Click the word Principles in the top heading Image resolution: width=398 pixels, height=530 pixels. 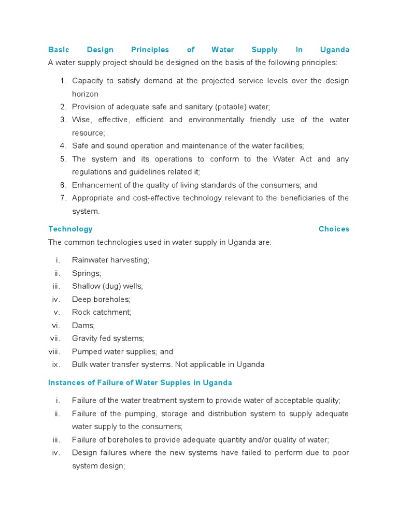pos(150,50)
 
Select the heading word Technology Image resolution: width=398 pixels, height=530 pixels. pos(70,229)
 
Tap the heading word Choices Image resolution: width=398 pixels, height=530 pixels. pos(334,229)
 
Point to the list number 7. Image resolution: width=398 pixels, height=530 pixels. pos(63,198)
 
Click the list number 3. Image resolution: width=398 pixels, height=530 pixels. pos(63,120)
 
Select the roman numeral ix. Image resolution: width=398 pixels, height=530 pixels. pos(56,364)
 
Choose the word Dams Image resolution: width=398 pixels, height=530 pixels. pos(83,326)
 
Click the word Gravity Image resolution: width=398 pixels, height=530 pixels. pos(85,338)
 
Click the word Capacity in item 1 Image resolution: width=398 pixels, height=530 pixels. pos(88,81)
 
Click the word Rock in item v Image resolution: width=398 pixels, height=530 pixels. pos(81,312)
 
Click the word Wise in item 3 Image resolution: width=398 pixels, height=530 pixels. pos(81,120)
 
